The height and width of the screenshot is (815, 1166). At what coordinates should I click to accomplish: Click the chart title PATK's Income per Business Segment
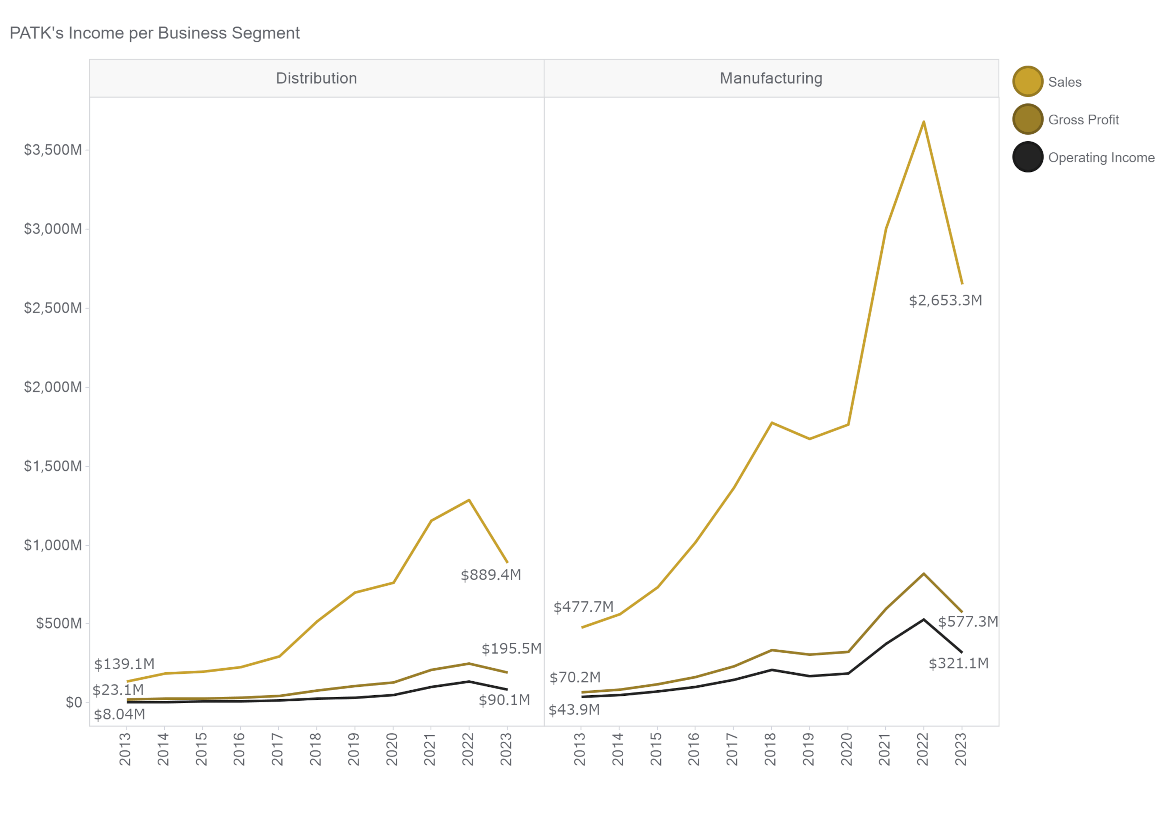[155, 33]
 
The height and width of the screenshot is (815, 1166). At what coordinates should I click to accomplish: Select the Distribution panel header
[316, 78]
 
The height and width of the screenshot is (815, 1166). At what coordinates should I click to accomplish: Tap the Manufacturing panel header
[771, 78]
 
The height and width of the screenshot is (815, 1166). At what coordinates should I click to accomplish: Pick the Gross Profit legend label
[1083, 120]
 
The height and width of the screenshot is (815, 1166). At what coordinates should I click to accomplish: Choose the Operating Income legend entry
[1101, 157]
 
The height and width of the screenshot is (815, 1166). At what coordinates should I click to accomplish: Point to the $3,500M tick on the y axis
[53, 150]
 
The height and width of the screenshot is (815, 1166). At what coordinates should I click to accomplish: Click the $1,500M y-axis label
[53, 466]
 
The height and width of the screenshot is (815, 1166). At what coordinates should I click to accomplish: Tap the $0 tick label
[74, 702]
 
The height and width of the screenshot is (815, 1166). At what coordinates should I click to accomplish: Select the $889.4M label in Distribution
[491, 575]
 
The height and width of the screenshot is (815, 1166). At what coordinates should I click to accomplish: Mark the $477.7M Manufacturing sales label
[583, 607]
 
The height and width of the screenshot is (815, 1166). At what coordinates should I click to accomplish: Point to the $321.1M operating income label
[958, 663]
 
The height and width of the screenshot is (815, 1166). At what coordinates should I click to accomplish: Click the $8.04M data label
[119, 714]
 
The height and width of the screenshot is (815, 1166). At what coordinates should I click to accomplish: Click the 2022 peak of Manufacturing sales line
[923, 121]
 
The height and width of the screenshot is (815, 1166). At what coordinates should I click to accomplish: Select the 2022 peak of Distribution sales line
[469, 500]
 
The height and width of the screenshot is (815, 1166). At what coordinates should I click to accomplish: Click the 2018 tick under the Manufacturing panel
[770, 749]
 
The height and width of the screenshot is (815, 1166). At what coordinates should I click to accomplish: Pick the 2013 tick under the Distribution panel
[125, 749]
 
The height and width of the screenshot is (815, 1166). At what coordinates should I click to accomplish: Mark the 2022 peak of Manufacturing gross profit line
[923, 574]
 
